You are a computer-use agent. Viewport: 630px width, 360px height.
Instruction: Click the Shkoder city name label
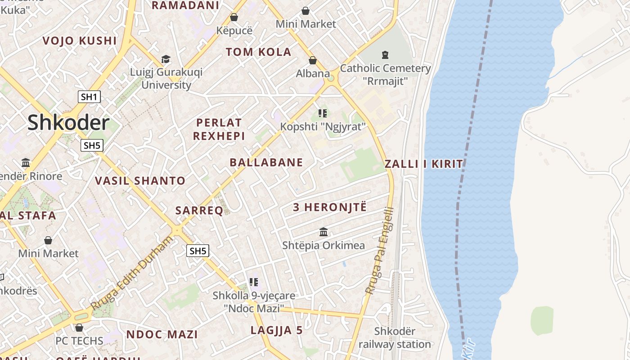(x=68, y=123)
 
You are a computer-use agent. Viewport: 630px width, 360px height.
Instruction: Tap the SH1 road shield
(x=89, y=97)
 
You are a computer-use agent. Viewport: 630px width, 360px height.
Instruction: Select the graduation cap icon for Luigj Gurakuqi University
(x=166, y=59)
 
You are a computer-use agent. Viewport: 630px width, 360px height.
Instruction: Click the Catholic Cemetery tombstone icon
(x=385, y=55)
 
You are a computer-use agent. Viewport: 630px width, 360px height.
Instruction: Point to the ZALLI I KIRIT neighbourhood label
(x=424, y=164)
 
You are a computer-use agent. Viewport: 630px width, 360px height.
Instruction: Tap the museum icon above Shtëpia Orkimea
(x=324, y=232)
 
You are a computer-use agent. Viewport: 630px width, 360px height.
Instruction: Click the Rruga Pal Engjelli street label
(x=381, y=251)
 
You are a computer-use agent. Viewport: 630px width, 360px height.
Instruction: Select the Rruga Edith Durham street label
(x=131, y=273)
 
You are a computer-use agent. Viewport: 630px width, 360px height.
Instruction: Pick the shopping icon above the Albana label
(x=313, y=60)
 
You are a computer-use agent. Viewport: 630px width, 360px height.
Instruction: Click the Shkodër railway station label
(x=395, y=338)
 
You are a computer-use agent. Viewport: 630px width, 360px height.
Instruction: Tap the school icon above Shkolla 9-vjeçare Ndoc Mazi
(x=254, y=282)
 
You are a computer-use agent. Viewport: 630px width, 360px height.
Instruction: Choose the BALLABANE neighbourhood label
(x=266, y=162)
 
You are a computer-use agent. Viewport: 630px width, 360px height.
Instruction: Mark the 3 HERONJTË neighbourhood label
(x=330, y=207)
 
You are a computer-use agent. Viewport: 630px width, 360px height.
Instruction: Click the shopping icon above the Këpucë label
(x=234, y=18)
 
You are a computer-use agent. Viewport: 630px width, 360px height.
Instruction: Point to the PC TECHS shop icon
(x=79, y=328)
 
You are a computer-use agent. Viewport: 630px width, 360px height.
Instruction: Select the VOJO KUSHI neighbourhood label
(x=80, y=41)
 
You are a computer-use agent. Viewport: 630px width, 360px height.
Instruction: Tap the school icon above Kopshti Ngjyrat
(x=322, y=113)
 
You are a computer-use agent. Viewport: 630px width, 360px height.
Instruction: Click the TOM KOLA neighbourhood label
(x=259, y=52)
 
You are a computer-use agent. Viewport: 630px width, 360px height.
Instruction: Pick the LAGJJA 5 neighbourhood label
(x=277, y=330)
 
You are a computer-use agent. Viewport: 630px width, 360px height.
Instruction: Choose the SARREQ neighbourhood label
(x=199, y=211)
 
